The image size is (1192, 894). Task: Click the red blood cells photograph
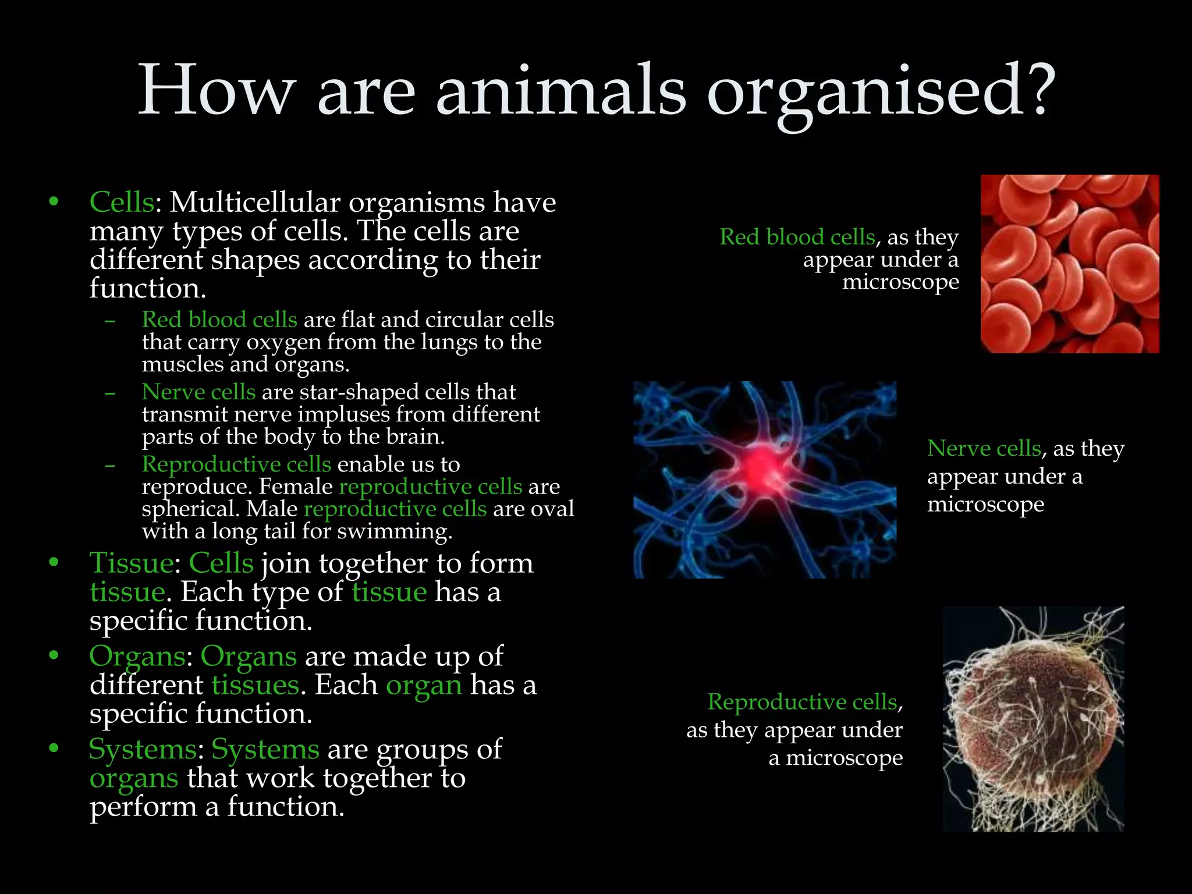tap(1069, 264)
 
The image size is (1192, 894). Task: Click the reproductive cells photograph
tap(1033, 719)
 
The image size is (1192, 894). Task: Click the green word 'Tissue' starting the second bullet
tap(131, 563)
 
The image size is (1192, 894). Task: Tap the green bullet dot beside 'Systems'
tap(54, 748)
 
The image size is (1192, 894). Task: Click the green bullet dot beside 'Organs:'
tap(54, 655)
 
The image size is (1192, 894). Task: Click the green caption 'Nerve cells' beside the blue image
tap(984, 448)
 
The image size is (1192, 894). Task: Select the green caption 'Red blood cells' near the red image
tap(797, 237)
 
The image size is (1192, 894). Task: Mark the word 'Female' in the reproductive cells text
tap(296, 487)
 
